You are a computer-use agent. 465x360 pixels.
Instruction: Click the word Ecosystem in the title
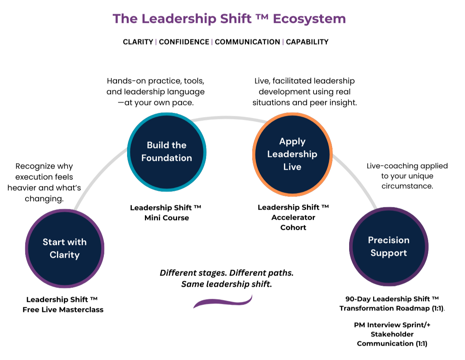[x=309, y=19]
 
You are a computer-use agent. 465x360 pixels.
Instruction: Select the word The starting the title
[x=125, y=19]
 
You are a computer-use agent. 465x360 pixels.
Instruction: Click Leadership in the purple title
[x=178, y=19]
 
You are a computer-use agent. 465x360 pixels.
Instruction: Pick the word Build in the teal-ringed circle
[x=157, y=145]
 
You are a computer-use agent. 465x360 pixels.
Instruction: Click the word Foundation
[x=167, y=158]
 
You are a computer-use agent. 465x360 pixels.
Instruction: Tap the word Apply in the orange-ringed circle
[x=292, y=142]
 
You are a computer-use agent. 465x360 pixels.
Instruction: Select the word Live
[x=292, y=167]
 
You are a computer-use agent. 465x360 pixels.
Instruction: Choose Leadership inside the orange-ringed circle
[x=292, y=154]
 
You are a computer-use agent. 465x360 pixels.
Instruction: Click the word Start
[x=53, y=242]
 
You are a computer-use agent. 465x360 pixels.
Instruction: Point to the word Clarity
[x=65, y=255]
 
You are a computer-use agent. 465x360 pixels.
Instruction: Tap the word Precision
[x=389, y=240]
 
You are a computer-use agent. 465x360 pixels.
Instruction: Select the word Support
[x=389, y=253]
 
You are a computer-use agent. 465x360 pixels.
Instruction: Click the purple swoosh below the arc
[x=223, y=302]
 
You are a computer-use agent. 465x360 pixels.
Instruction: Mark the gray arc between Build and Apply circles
[x=229, y=117]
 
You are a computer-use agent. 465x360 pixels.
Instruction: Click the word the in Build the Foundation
[x=179, y=145]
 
